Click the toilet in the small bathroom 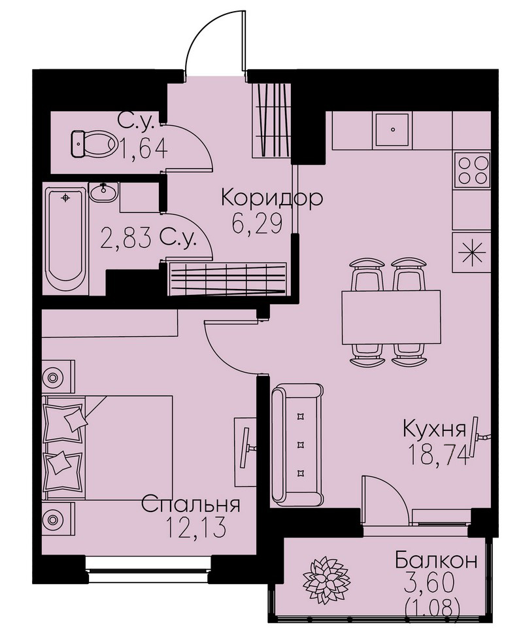pos(93,143)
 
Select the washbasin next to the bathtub pos(104,192)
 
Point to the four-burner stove pos(472,169)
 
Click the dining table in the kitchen pos(390,317)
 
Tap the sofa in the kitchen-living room pos(297,444)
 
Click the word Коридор pos(272,198)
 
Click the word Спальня pos(191,505)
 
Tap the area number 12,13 pos(195,528)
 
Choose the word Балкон pos(436,560)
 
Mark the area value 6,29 pos(257,223)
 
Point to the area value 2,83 pos(125,238)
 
